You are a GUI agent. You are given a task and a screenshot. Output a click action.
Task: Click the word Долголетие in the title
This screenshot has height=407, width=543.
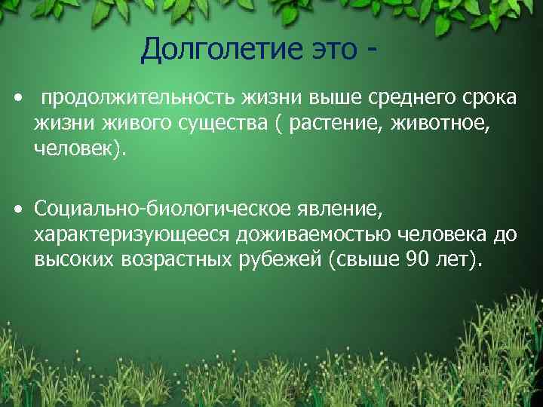[x=216, y=51]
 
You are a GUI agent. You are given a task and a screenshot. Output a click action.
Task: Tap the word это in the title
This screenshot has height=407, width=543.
[x=330, y=51]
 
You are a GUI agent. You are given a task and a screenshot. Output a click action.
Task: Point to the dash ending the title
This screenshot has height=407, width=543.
[x=371, y=53]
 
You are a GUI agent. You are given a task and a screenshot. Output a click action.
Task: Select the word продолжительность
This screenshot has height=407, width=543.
[x=139, y=99]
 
